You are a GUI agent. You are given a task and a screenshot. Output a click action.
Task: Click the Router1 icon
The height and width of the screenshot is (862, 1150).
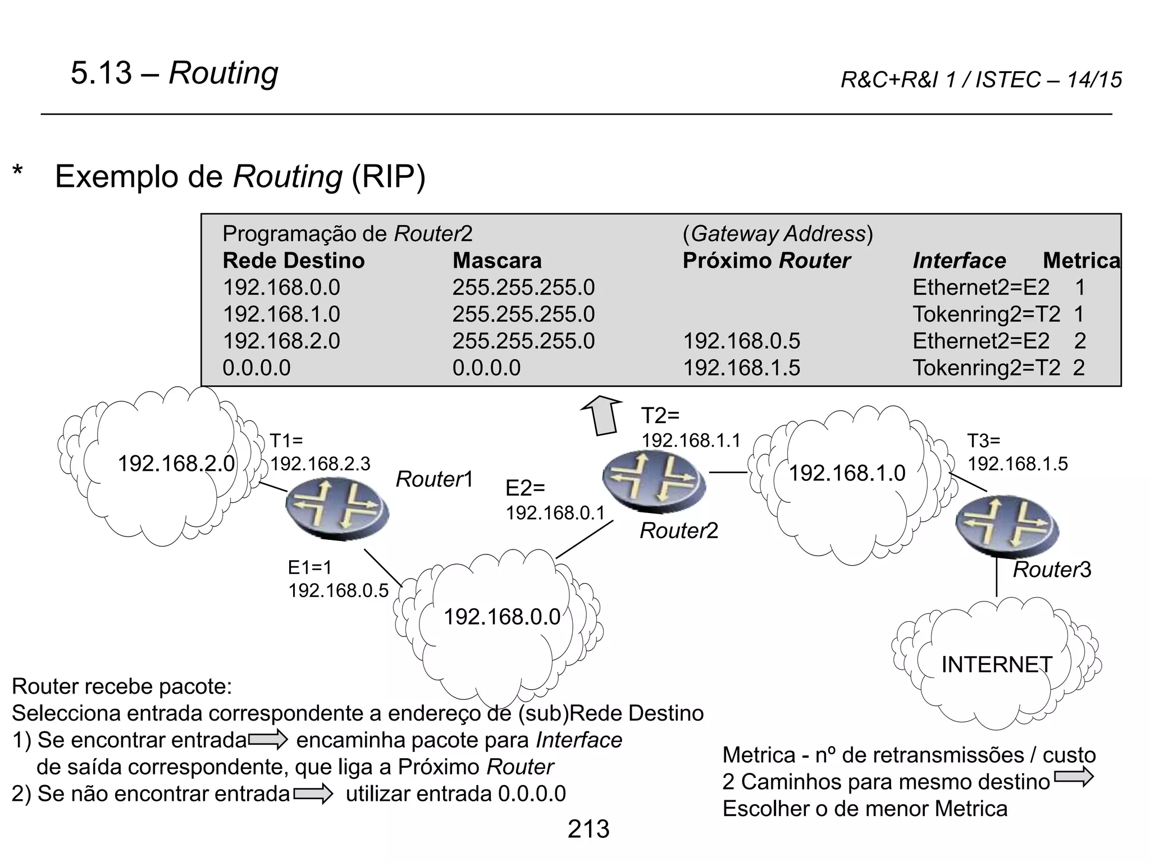tap(336, 508)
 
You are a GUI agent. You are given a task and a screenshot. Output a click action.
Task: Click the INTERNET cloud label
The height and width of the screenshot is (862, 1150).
tap(996, 664)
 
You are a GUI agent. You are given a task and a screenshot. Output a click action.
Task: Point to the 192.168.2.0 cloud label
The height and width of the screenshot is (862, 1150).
tap(176, 464)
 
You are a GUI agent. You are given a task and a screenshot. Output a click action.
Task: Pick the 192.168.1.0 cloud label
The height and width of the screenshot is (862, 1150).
tap(847, 474)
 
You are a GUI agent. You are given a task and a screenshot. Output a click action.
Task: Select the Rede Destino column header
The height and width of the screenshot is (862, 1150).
tap(294, 261)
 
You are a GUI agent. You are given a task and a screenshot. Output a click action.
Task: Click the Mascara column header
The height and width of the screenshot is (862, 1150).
tap(497, 261)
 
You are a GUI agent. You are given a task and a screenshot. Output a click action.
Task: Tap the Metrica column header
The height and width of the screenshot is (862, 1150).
tap(1081, 261)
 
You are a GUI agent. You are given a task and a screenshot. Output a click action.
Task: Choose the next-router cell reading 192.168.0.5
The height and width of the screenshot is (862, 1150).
tap(741, 341)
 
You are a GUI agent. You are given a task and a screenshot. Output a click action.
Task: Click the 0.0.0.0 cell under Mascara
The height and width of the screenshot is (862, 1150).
tap(486, 368)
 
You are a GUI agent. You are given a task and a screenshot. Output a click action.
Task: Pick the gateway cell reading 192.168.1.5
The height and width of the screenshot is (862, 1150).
tap(741, 368)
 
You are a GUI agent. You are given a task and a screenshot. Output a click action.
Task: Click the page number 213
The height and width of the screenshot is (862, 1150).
tap(588, 829)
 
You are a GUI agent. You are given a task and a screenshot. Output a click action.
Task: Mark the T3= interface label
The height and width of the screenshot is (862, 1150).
tap(983, 441)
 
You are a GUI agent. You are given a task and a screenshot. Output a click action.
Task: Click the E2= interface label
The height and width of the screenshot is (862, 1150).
tap(525, 488)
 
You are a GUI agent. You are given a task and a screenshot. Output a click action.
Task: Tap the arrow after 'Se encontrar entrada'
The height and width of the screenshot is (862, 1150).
tap(268, 740)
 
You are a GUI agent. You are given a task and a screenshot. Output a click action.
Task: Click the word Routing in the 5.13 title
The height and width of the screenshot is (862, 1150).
tap(223, 74)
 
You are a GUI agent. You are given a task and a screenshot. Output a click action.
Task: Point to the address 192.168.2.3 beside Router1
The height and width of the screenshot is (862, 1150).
tap(321, 464)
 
